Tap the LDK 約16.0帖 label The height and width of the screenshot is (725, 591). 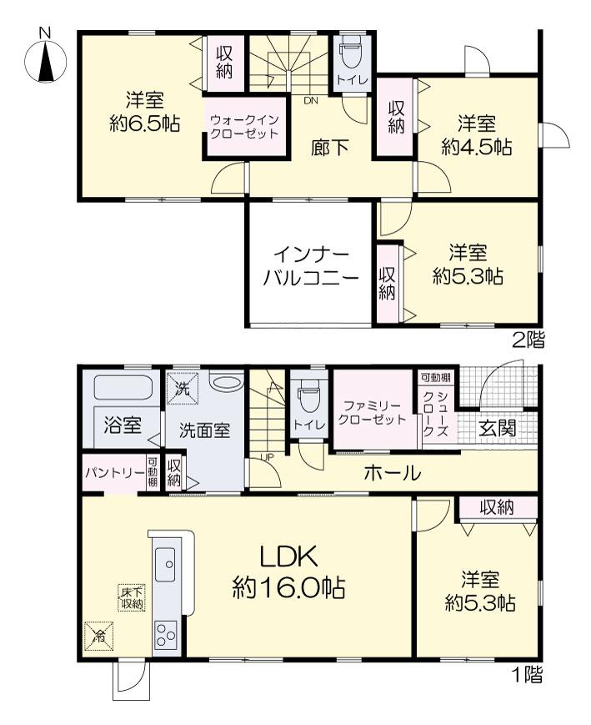[x=288, y=571]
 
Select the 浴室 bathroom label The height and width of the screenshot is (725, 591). [x=123, y=425]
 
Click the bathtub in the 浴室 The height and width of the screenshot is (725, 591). [x=124, y=387]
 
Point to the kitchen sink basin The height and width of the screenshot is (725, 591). [x=164, y=565]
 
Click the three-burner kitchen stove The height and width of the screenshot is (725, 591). [x=165, y=634]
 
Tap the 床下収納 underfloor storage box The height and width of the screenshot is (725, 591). [x=133, y=598]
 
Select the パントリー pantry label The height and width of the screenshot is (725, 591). [x=114, y=473]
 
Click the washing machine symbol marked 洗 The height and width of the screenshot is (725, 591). [x=183, y=389]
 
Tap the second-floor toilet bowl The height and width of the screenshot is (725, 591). [x=352, y=54]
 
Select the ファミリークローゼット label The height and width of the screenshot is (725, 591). [x=373, y=413]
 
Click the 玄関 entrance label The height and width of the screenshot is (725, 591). [x=497, y=429]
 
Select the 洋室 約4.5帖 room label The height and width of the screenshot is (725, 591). [x=477, y=135]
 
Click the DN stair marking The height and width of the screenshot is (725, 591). [x=311, y=100]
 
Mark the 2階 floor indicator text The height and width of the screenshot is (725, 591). [x=528, y=340]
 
